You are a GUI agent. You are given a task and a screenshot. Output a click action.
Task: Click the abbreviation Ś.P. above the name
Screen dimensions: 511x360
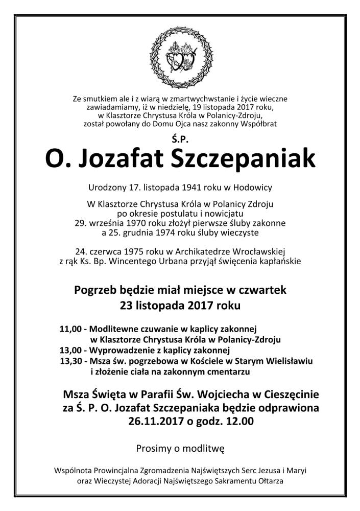point(180,137)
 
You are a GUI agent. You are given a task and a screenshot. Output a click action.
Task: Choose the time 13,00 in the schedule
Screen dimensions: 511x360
point(70,351)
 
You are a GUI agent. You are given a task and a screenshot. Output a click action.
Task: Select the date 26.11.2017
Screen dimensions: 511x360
point(154,422)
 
